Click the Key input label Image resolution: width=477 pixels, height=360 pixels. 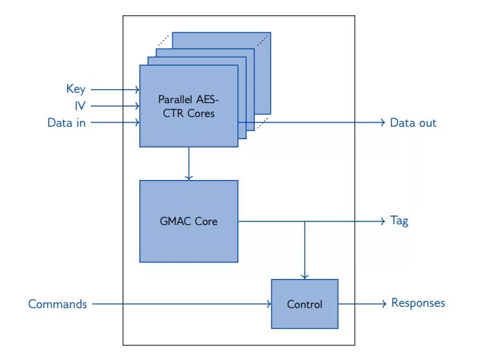75,89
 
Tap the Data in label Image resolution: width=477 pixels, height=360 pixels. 66,123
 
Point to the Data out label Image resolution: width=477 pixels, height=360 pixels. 413,123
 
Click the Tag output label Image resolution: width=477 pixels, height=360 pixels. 399,222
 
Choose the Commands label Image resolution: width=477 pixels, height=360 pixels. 57,304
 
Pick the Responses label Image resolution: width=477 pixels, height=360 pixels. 418,303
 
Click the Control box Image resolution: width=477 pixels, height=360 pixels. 305,304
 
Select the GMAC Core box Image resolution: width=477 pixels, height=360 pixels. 188,222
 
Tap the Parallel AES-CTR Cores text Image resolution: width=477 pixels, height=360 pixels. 188,106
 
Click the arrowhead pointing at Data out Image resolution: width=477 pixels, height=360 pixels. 381,123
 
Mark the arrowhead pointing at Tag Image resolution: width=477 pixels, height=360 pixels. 381,222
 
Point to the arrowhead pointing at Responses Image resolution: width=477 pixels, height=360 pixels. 381,304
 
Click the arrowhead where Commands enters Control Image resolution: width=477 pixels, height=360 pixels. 268,304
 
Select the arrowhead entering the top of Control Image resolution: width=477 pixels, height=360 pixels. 305,277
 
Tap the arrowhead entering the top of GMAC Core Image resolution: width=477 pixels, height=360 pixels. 188,178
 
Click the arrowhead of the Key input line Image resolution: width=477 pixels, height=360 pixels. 137,89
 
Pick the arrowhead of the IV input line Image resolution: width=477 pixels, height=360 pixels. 137,106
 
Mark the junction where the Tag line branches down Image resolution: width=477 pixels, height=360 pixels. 305,222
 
